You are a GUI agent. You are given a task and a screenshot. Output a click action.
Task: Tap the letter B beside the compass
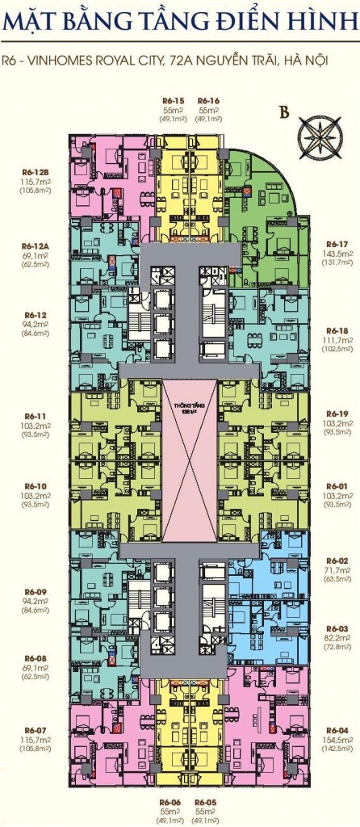coord(283,113)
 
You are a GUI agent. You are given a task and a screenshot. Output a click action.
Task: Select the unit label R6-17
coord(337,243)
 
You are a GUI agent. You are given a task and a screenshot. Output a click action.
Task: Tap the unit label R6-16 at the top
coord(209,99)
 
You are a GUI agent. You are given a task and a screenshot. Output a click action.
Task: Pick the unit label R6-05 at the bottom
coord(207,802)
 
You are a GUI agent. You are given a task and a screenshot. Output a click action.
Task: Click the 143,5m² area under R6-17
coord(337,252)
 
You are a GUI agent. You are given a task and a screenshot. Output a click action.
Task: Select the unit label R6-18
coord(337,330)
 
